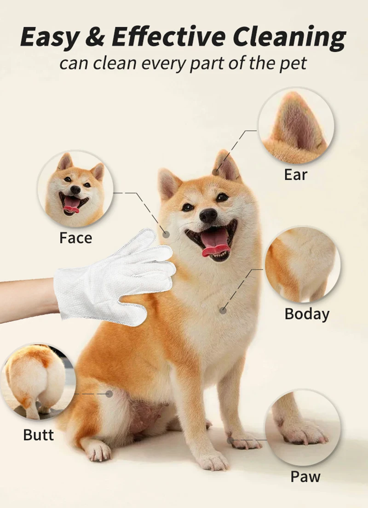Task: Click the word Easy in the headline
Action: [x=49, y=37]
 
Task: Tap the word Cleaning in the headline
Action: [x=289, y=37]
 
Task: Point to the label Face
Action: [x=75, y=238]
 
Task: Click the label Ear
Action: [x=295, y=175]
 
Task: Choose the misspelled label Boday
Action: [x=307, y=314]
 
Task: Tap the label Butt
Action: [x=38, y=435]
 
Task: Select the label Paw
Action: [x=305, y=476]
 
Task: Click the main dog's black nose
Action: [x=208, y=215]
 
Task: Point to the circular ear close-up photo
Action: [x=296, y=126]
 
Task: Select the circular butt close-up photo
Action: [x=38, y=382]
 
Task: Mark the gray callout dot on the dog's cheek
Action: [x=166, y=234]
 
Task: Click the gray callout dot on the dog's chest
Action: [x=223, y=310]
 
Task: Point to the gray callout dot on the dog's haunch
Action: [x=109, y=394]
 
